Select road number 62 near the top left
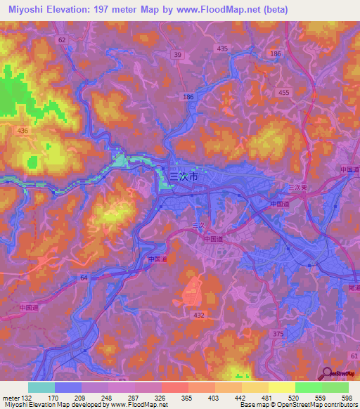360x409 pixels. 62,41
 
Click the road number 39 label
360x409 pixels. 177,55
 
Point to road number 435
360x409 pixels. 223,48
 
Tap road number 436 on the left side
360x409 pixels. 23,131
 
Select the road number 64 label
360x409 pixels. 84,279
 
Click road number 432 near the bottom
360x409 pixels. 199,316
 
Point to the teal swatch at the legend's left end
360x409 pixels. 41,387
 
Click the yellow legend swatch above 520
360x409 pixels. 282,387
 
